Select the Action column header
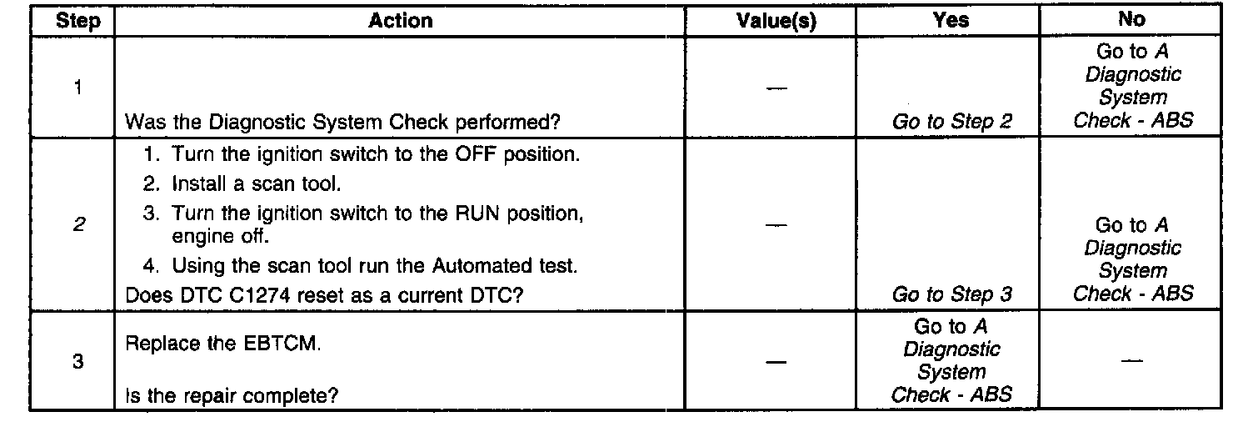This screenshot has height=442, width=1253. pyautogui.click(x=401, y=21)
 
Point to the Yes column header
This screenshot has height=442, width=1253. pyautogui.click(x=952, y=21)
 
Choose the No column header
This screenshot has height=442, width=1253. pyautogui.click(x=1132, y=19)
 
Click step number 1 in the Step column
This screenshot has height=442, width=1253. pyautogui.click(x=77, y=88)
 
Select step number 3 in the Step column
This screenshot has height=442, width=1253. pyautogui.click(x=77, y=363)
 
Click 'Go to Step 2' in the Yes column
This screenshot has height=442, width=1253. pyautogui.click(x=952, y=123)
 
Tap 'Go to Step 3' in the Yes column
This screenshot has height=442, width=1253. pyautogui.click(x=952, y=294)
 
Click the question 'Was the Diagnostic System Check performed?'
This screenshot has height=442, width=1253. pyautogui.click(x=342, y=122)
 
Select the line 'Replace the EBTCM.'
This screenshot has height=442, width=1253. pyautogui.click(x=222, y=344)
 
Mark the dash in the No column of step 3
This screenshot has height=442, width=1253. pyautogui.click(x=1131, y=361)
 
